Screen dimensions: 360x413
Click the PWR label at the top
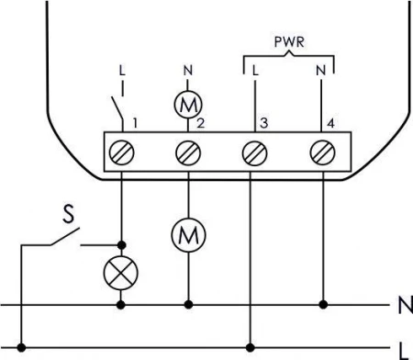pos(288,42)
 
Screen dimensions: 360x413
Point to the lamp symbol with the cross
pos(122,274)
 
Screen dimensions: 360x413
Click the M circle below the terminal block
pos(189,236)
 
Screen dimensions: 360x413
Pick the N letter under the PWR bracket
pos(322,70)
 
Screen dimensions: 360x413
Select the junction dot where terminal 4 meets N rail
pos(322,302)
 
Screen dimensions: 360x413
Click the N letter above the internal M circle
pos(189,70)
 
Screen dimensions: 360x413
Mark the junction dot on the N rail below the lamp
pos(122,302)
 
